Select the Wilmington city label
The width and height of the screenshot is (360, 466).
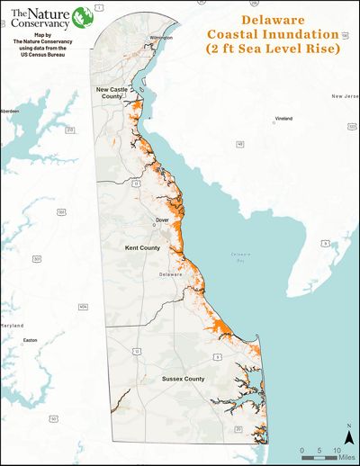pyautogui.click(x=161, y=38)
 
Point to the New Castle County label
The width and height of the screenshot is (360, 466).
pyautogui.click(x=116, y=94)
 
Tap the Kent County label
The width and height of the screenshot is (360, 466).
pyautogui.click(x=142, y=247)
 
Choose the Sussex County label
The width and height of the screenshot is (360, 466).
pyautogui.click(x=183, y=379)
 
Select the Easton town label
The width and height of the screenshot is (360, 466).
pyautogui.click(x=31, y=340)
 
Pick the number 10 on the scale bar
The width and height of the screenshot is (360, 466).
pyautogui.click(x=337, y=449)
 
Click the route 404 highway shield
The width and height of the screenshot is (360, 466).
pyautogui.click(x=83, y=307)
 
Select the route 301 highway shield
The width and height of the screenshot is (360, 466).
pyautogui.click(x=37, y=258)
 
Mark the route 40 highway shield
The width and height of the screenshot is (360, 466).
pyautogui.click(x=240, y=143)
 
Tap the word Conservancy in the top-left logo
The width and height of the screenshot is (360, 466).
pyautogui.click(x=34, y=23)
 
